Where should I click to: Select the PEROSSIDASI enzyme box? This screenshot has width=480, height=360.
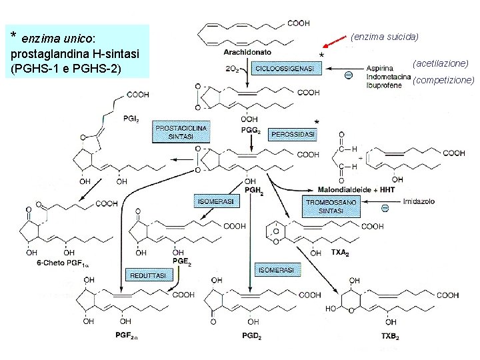[293, 134]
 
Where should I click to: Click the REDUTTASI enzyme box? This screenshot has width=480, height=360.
[146, 275]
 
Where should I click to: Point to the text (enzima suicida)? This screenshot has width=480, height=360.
[384, 37]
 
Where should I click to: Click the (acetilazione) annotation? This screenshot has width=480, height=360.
[440, 63]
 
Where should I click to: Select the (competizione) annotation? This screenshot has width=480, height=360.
[443, 81]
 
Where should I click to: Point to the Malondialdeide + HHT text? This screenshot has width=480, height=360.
[347, 190]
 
